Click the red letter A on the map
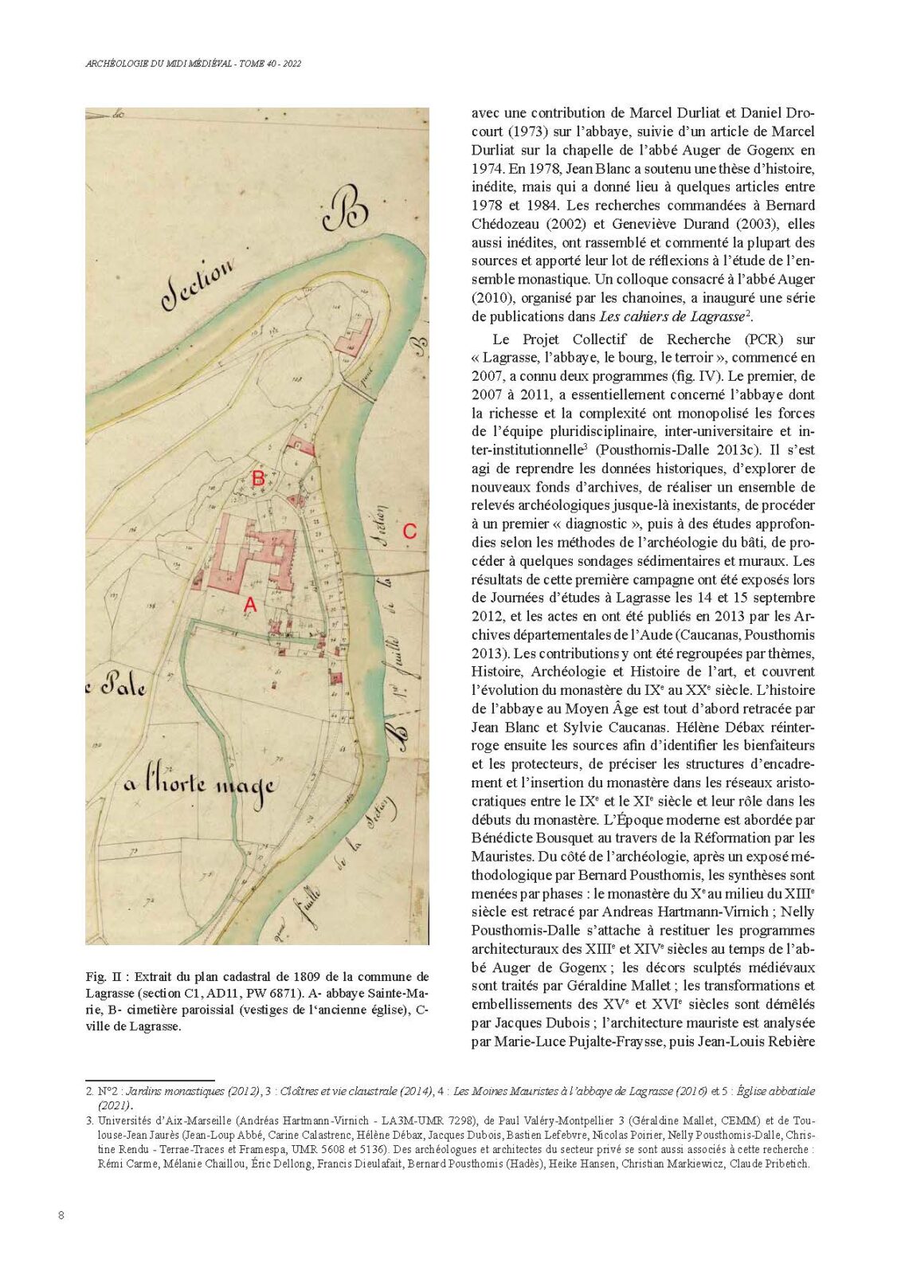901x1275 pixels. pos(250,606)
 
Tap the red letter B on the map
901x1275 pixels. pos(258,479)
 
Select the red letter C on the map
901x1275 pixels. pos(409,532)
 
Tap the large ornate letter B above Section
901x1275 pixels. pos(344,209)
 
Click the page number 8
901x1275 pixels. pos(61,1215)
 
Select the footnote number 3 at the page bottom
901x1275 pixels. pos(89,1120)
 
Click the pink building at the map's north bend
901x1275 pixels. pos(355,335)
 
